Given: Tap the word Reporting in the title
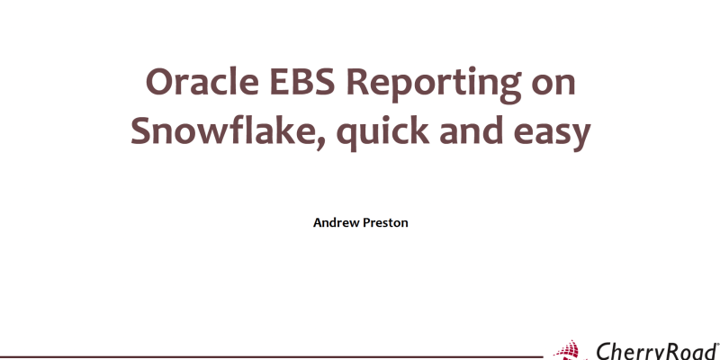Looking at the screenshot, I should click(429, 85).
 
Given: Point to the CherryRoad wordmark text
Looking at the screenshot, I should click(654, 351).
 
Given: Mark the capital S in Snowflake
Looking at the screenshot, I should click(142, 131).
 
